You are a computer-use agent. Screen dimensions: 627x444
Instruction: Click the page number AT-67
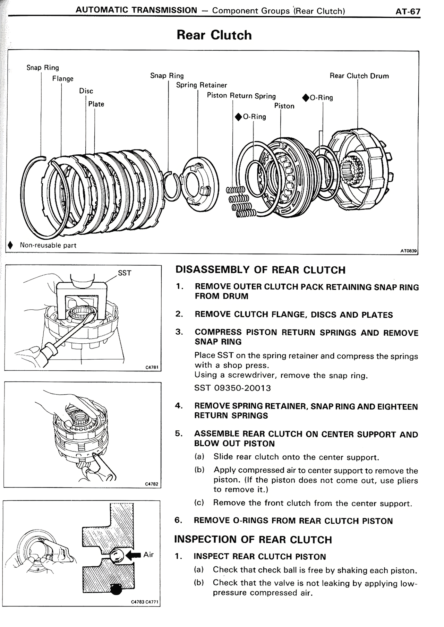pyautogui.click(x=408, y=11)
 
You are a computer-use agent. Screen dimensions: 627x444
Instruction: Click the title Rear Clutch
pyautogui.click(x=214, y=35)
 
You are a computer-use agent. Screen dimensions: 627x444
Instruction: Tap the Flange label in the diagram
pyautogui.click(x=63, y=79)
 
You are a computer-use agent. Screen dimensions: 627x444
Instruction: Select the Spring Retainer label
pyautogui.click(x=201, y=85)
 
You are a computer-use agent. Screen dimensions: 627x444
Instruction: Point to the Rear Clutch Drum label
pyautogui.click(x=359, y=76)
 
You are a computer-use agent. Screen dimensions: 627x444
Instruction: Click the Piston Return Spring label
pyautogui.click(x=241, y=96)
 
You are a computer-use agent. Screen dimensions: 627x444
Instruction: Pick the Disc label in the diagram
pyautogui.click(x=86, y=91)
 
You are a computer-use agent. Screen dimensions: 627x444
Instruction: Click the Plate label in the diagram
pyautogui.click(x=96, y=104)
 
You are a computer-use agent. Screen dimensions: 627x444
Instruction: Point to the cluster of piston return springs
pyautogui.click(x=240, y=203)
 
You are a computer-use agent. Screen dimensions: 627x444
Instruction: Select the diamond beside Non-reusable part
pyautogui.click(x=11, y=245)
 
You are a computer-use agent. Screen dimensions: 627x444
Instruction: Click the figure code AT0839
pyautogui.click(x=408, y=250)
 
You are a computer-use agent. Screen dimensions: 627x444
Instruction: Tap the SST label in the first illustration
pyautogui.click(x=125, y=273)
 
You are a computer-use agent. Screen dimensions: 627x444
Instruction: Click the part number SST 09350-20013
pyautogui.click(x=232, y=388)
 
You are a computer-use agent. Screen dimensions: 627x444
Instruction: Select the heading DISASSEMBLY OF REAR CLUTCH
pyautogui.click(x=261, y=270)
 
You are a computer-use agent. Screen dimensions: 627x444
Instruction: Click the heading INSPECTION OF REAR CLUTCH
pyautogui.click(x=253, y=540)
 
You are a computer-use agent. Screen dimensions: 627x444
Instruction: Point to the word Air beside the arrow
pyautogui.click(x=148, y=555)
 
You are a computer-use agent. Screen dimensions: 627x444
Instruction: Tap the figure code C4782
pyautogui.click(x=152, y=484)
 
